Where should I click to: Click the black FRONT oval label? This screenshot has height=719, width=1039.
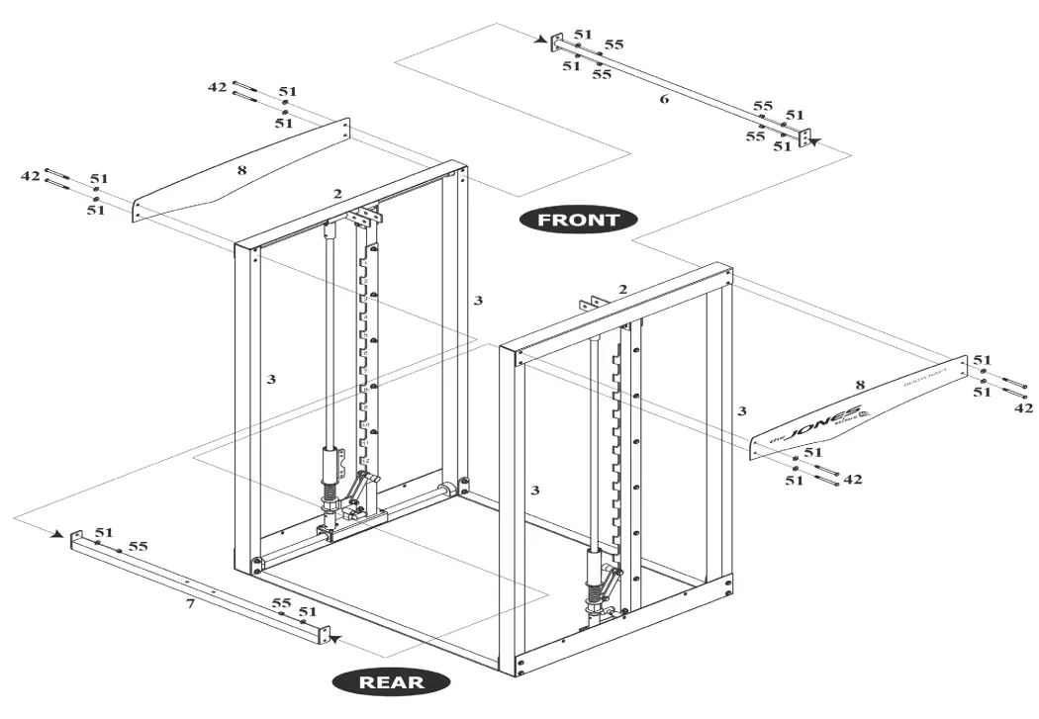click(578, 220)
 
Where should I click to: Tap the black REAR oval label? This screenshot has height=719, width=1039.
click(391, 681)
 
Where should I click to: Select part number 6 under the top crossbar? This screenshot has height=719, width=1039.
click(663, 100)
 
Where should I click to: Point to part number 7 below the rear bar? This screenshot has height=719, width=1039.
click(190, 602)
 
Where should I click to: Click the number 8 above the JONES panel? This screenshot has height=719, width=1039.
click(859, 384)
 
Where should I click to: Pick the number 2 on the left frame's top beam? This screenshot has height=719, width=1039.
click(337, 194)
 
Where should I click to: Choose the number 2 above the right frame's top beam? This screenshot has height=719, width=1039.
click(622, 289)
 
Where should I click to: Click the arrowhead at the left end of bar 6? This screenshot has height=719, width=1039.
click(543, 41)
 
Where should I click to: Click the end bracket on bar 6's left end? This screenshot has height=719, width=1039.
click(557, 42)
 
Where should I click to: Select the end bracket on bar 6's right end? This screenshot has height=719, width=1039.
click(804, 135)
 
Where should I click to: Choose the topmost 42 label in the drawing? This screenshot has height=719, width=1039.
click(218, 87)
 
